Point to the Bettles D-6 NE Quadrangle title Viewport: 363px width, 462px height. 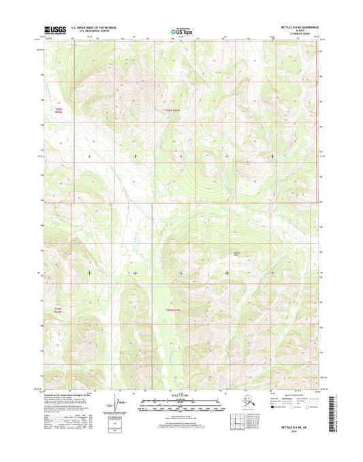pyautogui.click(x=299, y=27)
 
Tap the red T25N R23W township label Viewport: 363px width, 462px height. pyautogui.click(x=176, y=110)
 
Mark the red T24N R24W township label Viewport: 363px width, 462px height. pyautogui.click(x=59, y=310)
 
